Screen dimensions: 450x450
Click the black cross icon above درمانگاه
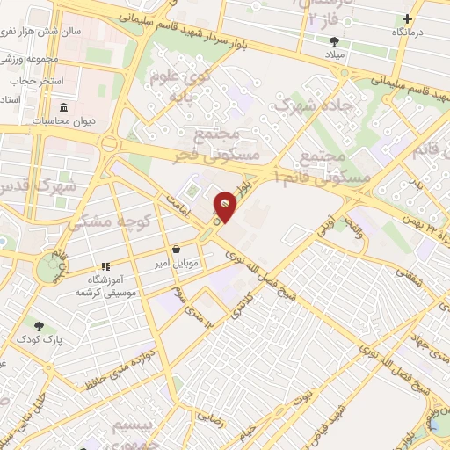point(407,18)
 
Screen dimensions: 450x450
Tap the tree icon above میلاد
point(333,41)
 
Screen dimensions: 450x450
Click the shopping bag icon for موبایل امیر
point(178,249)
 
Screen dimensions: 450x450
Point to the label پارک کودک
point(36,339)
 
